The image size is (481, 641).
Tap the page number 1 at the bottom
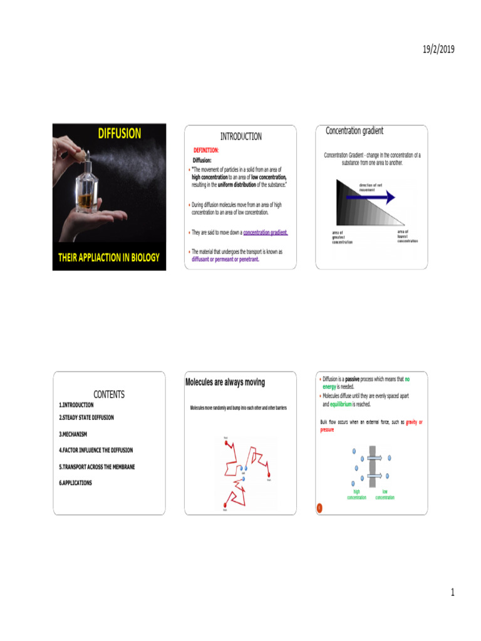pyautogui.click(x=452, y=592)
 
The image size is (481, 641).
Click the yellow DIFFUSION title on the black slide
pyautogui.click(x=119, y=133)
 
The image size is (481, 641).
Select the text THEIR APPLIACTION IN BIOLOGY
pyautogui.click(x=109, y=257)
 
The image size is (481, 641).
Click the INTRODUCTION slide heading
pyautogui.click(x=240, y=136)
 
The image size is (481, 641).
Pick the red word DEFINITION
pyautogui.click(x=205, y=150)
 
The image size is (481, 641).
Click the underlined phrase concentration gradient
pyautogui.click(x=265, y=232)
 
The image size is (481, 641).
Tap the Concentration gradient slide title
pyautogui.click(x=354, y=131)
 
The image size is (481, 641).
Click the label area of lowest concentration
pyautogui.click(x=407, y=236)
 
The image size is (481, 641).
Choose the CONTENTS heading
pyautogui.click(x=109, y=394)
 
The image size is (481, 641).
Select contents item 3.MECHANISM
pyautogui.click(x=73, y=433)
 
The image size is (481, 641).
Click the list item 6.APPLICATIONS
pyautogui.click(x=75, y=483)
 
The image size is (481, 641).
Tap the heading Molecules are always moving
pyautogui.click(x=225, y=382)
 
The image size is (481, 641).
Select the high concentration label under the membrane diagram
pyautogui.click(x=356, y=495)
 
